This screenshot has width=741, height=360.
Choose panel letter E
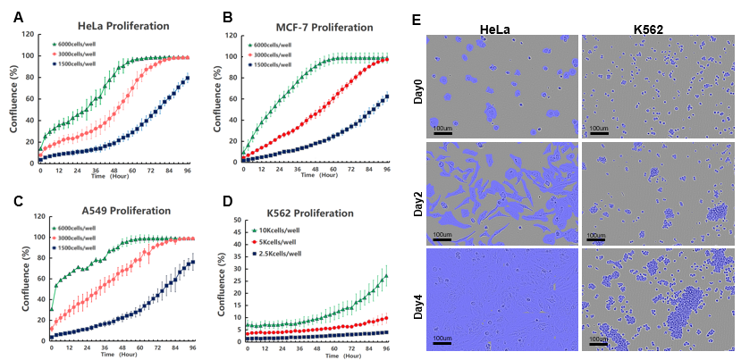coord(415,19)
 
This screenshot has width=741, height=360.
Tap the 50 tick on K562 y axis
coord(233,219)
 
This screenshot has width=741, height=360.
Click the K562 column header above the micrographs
coord(659,29)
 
